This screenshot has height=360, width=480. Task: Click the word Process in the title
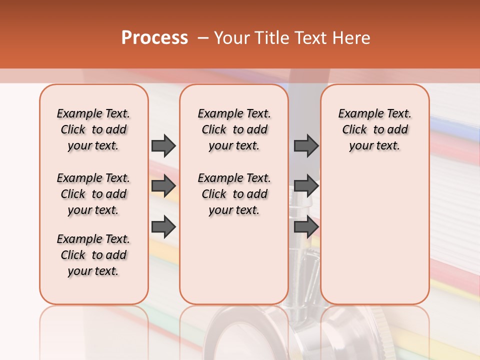154,38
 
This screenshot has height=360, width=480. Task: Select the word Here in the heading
350,38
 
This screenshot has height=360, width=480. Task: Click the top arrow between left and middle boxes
163,146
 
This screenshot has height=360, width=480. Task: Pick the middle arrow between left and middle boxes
163,186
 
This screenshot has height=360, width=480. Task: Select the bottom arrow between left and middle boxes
163,226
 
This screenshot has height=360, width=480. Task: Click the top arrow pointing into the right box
306,146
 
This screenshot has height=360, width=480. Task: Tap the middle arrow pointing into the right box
306,186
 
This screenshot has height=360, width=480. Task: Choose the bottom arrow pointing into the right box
306,226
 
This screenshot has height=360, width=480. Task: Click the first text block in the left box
93,129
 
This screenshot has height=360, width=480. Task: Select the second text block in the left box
93,194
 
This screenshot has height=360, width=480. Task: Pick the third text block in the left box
93,255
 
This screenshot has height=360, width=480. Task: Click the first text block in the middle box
234,129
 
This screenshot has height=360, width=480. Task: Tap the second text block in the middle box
234,194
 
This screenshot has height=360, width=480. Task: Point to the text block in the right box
374,129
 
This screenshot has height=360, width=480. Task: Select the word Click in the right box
354,130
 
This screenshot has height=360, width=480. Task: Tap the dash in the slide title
202,38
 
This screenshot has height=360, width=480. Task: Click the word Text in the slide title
311,38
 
